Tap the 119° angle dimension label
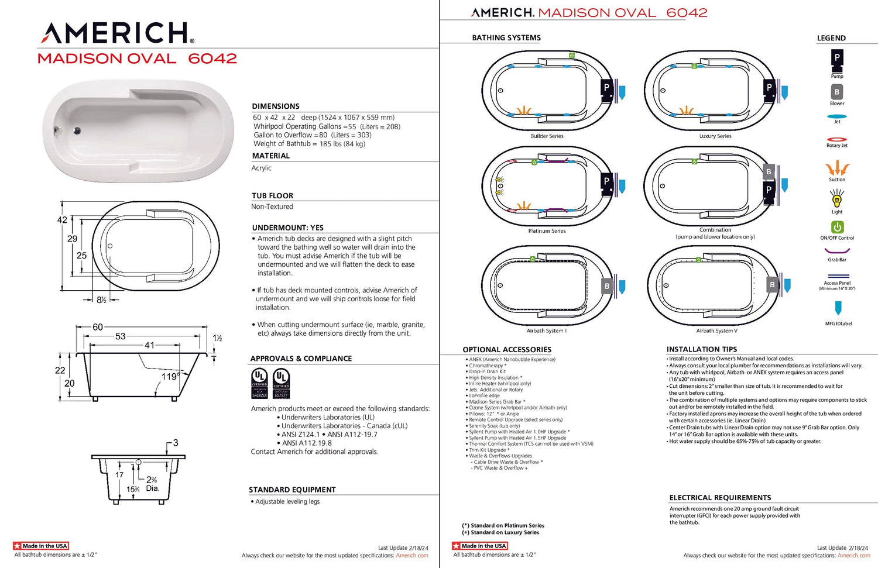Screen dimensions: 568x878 pos(170,377)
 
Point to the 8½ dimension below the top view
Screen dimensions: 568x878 pos(101,300)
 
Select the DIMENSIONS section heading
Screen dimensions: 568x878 pos(276,106)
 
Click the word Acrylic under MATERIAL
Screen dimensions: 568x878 pos(261,168)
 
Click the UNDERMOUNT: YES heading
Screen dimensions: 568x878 pos(287,228)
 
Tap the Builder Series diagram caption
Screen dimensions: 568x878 pos(547,136)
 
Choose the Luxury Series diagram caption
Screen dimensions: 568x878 pos(715,136)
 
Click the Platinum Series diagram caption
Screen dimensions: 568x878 pos(547,231)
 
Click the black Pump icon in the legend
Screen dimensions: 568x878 pos(837,58)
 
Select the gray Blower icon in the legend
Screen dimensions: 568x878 pos(837,92)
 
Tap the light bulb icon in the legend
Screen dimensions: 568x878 pos(837,200)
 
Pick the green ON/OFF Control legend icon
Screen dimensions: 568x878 pos(837,227)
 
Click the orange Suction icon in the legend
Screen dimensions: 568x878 pos(837,168)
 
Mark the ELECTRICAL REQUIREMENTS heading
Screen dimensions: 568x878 pos(720,498)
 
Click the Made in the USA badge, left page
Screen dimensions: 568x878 pos(41,546)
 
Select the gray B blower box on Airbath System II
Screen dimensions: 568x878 pos(607,286)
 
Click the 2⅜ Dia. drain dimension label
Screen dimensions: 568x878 pos(152,484)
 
